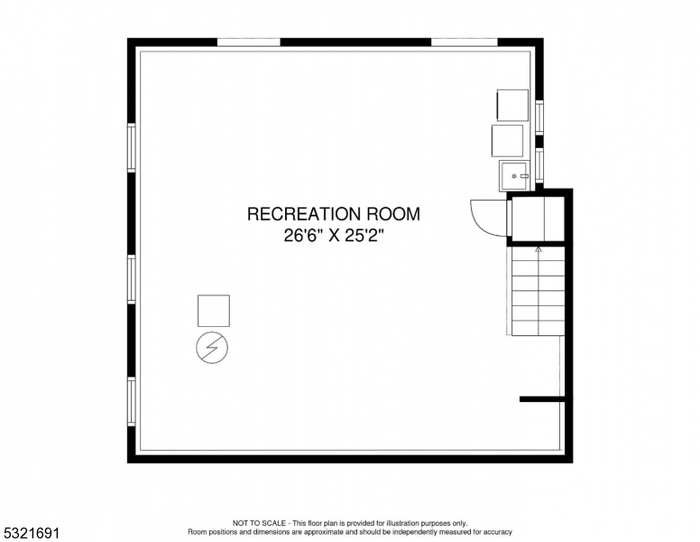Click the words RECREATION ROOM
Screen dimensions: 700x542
334,214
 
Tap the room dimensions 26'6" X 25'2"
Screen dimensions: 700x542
334,235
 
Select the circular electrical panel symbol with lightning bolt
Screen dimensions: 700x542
212,348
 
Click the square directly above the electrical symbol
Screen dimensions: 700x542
214,311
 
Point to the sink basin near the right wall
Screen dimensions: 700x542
514,176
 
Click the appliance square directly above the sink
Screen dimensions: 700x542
508,141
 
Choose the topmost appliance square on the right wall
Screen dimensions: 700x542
512,105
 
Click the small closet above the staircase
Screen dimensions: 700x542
538,219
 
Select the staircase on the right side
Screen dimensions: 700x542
538,291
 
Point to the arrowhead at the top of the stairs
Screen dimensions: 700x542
539,249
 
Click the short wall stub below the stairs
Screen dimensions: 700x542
543,399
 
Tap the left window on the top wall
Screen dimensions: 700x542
249,42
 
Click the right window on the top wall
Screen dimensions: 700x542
465,42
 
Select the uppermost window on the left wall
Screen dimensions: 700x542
132,147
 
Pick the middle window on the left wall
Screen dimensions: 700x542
132,279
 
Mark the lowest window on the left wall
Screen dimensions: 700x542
132,402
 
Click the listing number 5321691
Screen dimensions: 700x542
32,533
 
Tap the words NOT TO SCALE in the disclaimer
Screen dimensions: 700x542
259,523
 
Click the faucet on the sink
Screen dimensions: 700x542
524,176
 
